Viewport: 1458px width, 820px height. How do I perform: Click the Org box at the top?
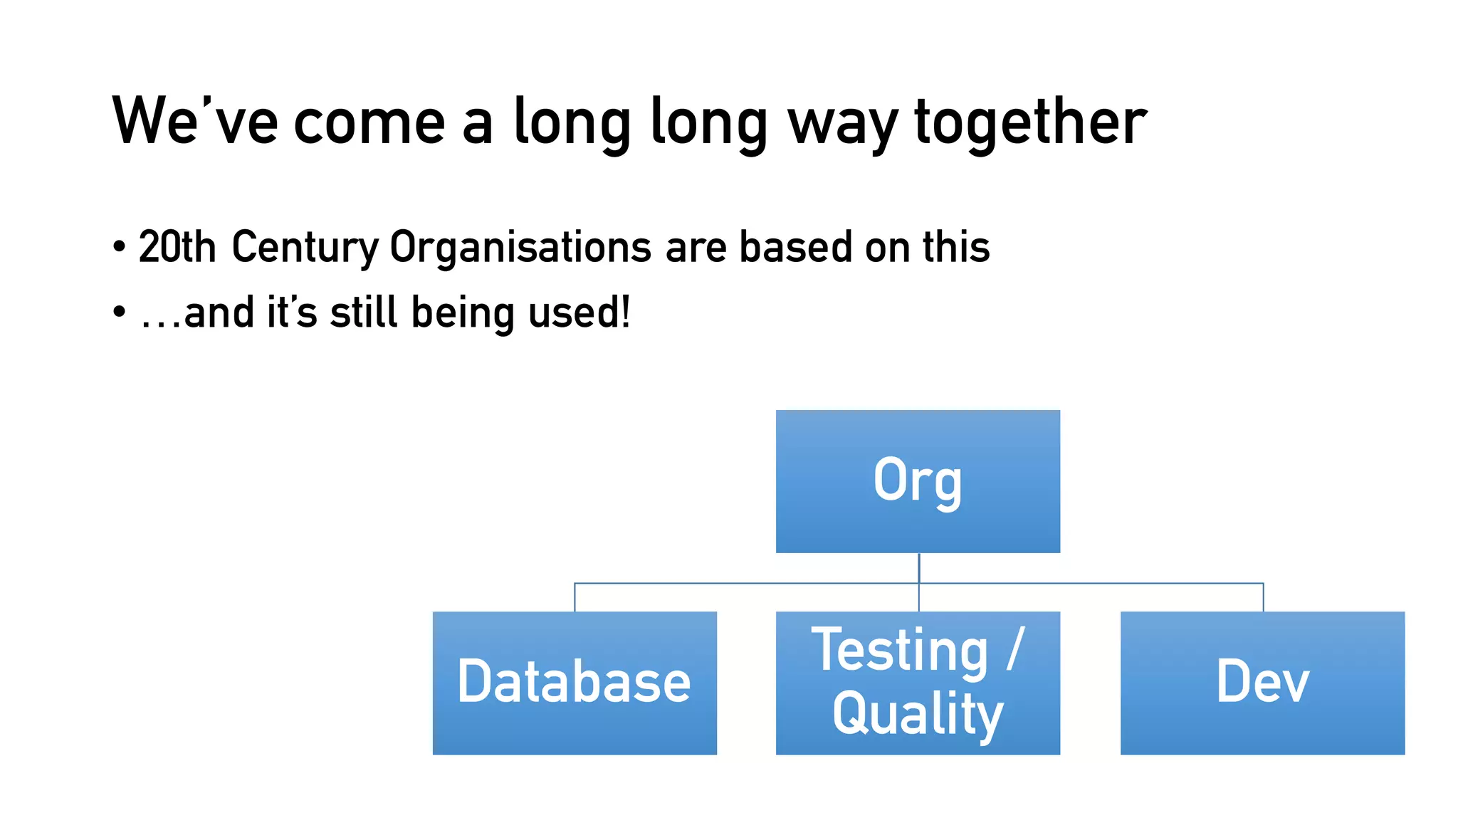[918, 481]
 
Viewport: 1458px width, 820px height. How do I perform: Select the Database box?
[575, 683]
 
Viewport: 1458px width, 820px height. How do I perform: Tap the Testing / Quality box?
[918, 683]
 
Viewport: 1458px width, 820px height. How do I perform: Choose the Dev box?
[1262, 683]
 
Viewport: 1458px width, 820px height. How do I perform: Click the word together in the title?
[1030, 122]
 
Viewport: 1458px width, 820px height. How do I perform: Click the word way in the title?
[843, 125]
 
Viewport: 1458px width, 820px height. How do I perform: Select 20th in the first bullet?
[177, 247]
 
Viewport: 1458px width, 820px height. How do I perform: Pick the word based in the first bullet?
[795, 247]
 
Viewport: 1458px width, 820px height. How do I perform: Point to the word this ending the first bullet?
[955, 247]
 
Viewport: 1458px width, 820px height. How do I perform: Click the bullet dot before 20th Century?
[119, 248]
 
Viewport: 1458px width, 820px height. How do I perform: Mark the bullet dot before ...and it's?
[119, 312]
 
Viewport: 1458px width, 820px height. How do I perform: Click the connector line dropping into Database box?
[575, 598]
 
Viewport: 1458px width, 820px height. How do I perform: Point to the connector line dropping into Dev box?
[1263, 598]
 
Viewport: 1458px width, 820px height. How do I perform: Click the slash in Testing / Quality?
[1016, 649]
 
